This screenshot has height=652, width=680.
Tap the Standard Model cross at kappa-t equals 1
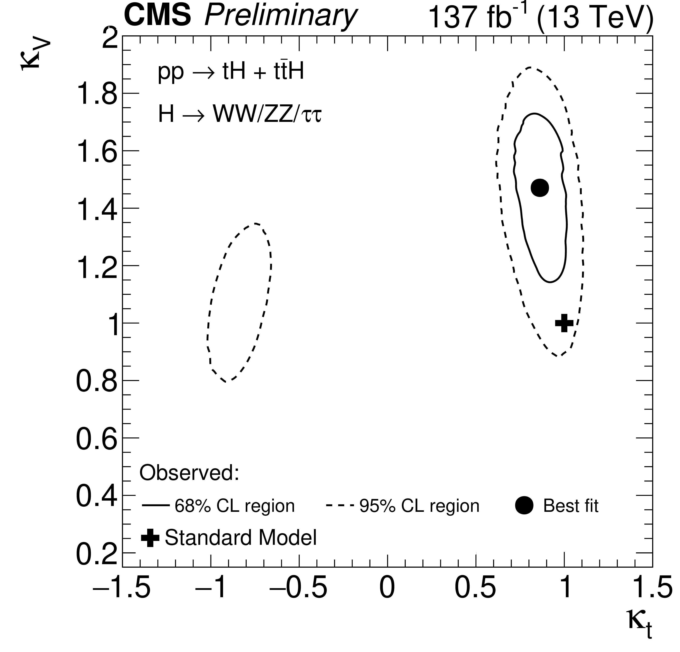point(564,323)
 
